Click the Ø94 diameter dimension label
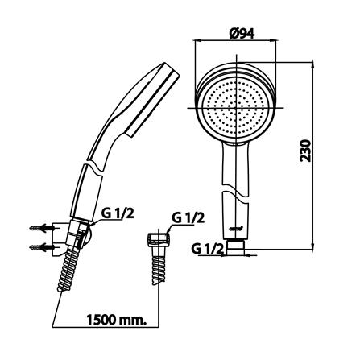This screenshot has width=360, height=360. tap(242, 34)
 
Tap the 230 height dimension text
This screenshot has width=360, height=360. tap(305, 151)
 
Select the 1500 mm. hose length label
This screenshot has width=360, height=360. tap(117, 320)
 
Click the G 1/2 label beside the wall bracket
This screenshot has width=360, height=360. tap(118, 214)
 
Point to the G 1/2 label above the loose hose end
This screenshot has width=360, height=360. tap(188, 218)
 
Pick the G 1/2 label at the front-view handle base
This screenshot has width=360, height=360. tap(208, 250)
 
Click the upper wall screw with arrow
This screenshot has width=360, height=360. tap(42, 228)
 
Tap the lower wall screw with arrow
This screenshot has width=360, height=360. tap(42, 247)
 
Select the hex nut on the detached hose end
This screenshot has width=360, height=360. tap(159, 239)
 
